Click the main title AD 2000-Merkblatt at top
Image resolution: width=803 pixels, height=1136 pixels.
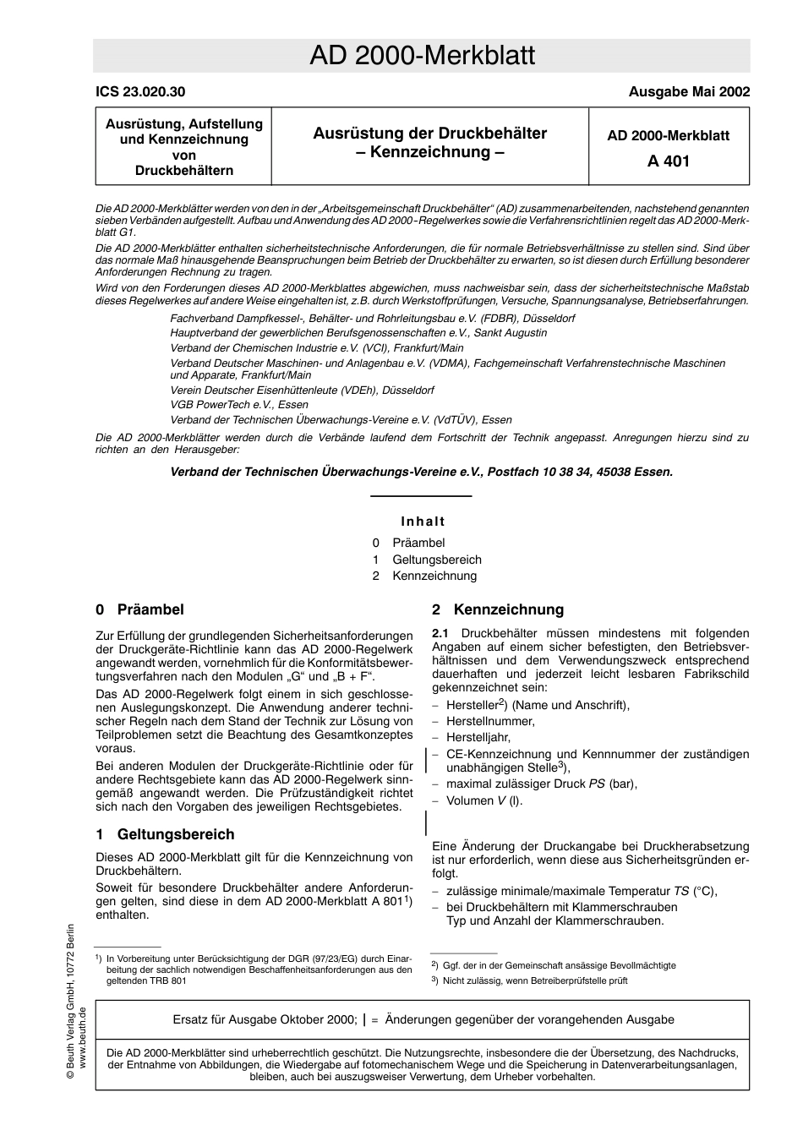422,56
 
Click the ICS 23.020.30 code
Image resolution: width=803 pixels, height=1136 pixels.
140,92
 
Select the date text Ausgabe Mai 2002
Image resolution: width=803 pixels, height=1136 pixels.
688,92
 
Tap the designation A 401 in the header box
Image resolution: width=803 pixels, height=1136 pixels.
668,161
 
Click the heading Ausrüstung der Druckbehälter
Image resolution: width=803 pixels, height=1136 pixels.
429,134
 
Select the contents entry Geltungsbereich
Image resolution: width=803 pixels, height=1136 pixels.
436,560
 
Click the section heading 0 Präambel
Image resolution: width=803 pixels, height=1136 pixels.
139,609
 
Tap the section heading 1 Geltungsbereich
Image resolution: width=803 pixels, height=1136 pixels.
165,834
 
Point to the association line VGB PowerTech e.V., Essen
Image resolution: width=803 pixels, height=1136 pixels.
239,405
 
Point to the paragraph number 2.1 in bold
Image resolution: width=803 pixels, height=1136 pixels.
440,633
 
